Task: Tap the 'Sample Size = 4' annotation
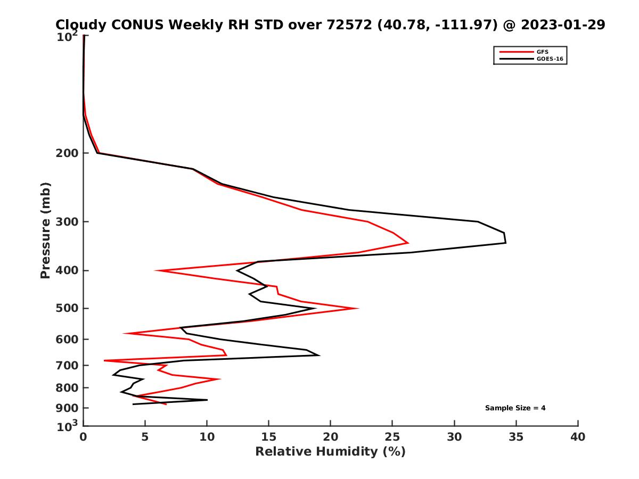(515, 408)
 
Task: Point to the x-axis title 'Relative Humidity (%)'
(330, 452)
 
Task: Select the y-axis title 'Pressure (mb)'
(45, 230)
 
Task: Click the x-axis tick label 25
(392, 437)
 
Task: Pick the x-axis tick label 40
(578, 437)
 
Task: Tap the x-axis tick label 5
(145, 437)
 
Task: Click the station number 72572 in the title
(348, 25)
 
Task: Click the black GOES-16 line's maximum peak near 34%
(505, 243)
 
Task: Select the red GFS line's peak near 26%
(408, 243)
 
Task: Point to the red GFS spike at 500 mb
(358, 308)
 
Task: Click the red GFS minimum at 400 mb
(156, 271)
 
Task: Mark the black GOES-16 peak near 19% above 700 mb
(319, 355)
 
